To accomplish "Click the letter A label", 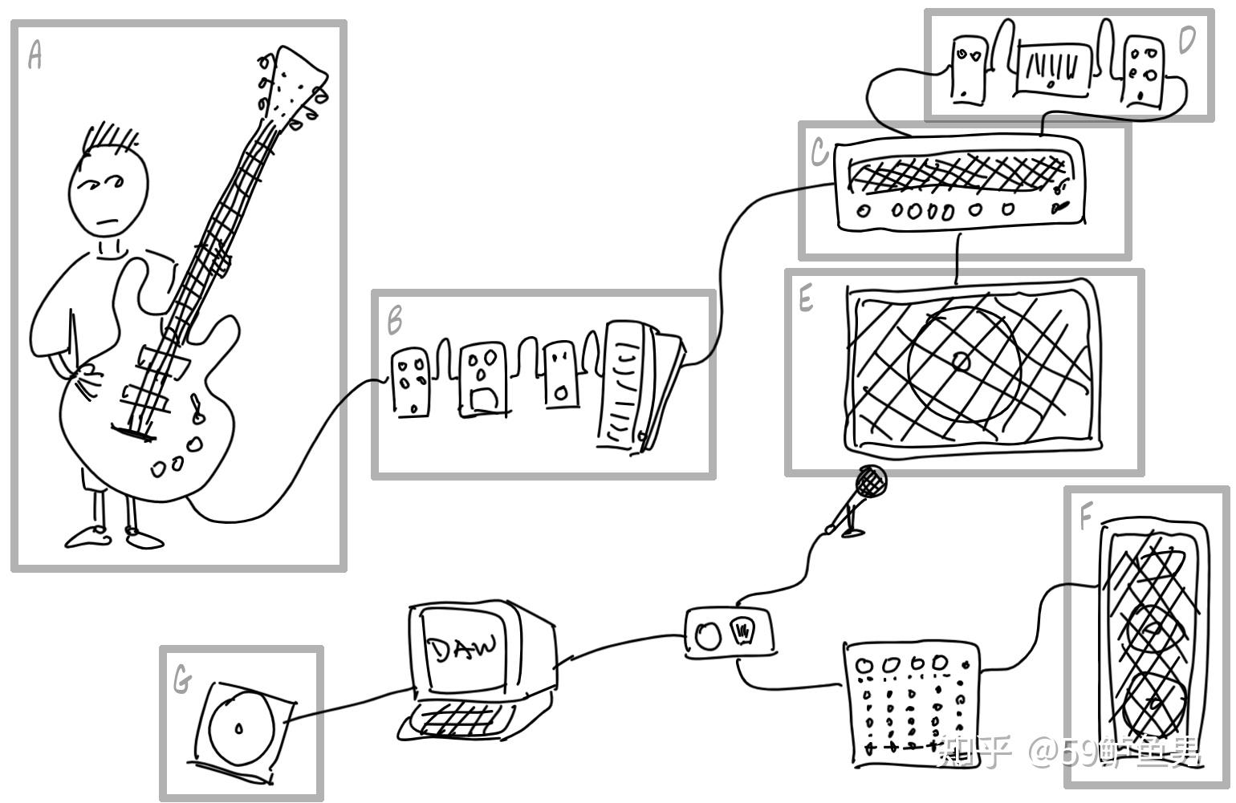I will tap(34, 55).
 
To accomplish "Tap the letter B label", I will tap(394, 320).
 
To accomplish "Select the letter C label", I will tap(819, 152).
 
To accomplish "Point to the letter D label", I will tap(1186, 39).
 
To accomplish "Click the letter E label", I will tap(806, 299).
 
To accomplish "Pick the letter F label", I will tap(1085, 517).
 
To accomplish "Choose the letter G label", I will tap(182, 681).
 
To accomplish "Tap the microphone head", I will tap(871, 481).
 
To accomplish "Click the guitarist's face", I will tap(108, 193).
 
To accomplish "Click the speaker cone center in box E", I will tap(962, 362).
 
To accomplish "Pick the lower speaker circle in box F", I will tap(1154, 701).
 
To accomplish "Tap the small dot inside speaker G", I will tap(238, 729).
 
